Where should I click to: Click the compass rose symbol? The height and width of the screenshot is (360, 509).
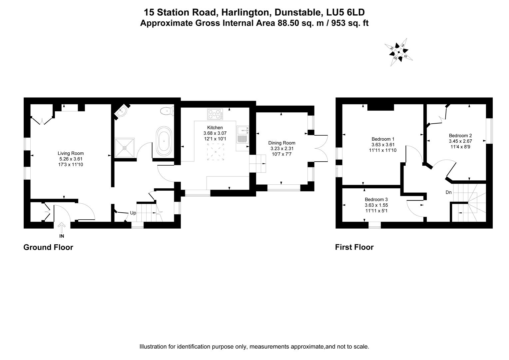click(398, 52)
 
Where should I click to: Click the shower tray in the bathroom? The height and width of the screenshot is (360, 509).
click(125, 147)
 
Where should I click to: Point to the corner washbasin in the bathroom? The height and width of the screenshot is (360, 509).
click(121, 112)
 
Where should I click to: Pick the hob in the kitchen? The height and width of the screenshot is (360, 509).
click(215, 114)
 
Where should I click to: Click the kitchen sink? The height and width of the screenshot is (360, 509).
click(242, 134)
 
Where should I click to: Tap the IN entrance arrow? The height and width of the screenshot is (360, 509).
click(62, 230)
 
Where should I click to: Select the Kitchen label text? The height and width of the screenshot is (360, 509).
click(215, 127)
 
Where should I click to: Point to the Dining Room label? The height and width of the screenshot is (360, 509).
click(282, 143)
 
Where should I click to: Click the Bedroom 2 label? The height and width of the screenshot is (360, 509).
click(460, 136)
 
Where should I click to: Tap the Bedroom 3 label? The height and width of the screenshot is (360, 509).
click(376, 200)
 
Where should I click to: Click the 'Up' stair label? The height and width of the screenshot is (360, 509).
click(133, 213)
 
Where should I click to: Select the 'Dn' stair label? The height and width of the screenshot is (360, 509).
click(449, 192)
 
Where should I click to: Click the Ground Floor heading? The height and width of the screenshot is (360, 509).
click(48, 247)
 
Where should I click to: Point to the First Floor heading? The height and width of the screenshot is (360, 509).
click(354, 247)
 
